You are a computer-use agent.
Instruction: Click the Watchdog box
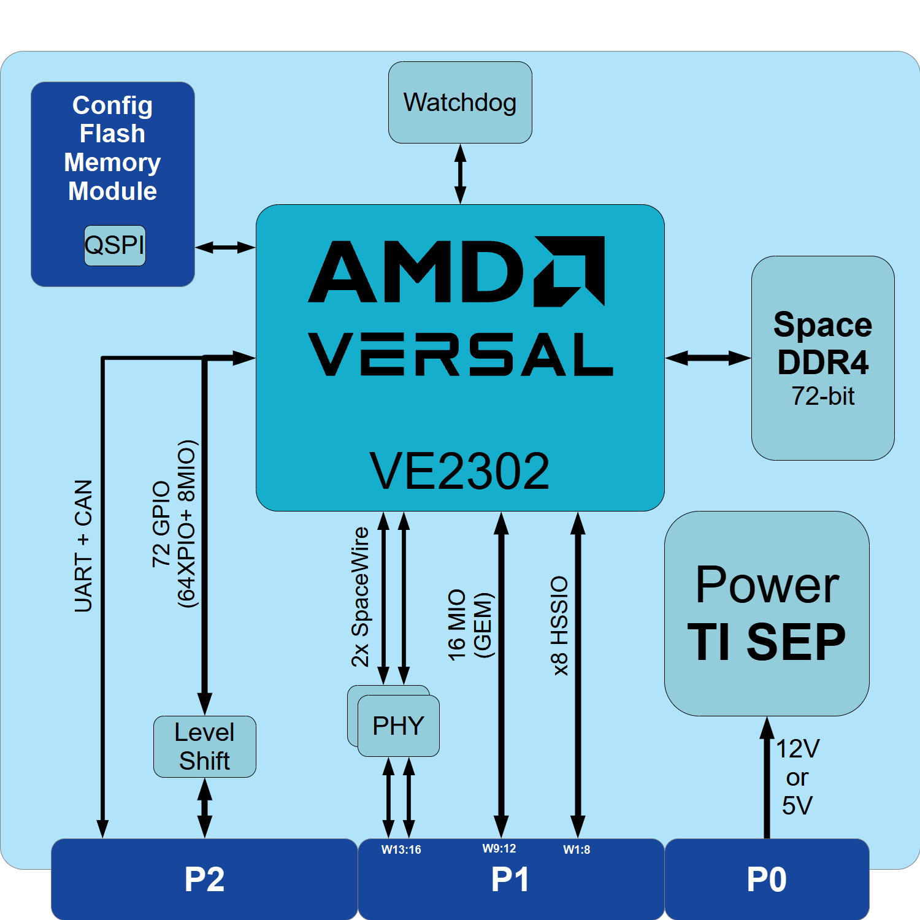coord(460,102)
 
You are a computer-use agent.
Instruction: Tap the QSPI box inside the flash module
coord(115,245)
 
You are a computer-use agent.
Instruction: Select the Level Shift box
coord(204,746)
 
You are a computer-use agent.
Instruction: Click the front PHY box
coord(399,726)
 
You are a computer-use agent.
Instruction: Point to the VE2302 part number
coord(459,471)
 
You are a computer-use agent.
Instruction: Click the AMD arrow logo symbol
coord(570,270)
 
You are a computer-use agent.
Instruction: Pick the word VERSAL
coord(461,355)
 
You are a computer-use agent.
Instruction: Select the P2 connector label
coord(204,880)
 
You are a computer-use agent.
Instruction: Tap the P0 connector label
coord(767,880)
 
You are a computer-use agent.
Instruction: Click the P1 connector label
coord(510,880)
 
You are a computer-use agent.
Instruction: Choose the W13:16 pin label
coord(401,849)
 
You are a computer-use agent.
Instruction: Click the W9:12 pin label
coord(499,848)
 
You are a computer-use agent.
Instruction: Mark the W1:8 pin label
coord(577,849)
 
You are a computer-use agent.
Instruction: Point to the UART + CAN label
coord(83,546)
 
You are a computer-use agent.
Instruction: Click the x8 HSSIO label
coord(559,626)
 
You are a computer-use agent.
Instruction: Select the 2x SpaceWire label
coord(360,597)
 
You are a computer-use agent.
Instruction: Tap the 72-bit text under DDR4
coord(822,396)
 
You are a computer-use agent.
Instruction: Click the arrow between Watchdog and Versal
coord(460,174)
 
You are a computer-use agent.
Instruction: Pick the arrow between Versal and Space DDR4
coord(708,358)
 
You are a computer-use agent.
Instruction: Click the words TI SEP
coord(767,642)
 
